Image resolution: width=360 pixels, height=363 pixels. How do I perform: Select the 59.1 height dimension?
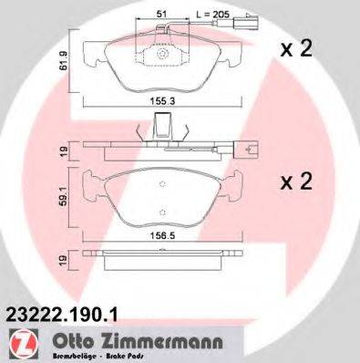61,194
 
